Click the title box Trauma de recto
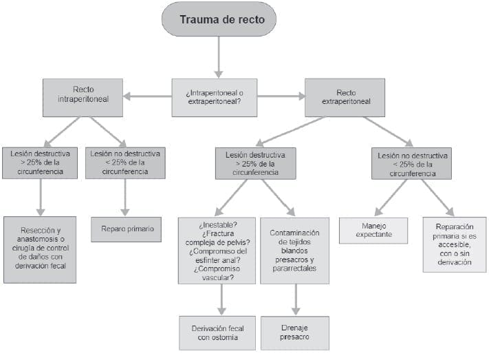pos(218,19)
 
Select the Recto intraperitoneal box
pos(83,97)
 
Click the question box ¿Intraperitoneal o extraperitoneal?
pos(214,97)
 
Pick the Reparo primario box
pos(126,229)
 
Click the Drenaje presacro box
pos(294,332)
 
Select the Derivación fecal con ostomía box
pos(218,332)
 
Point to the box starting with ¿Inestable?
pos(218,251)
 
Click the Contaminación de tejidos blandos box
pos(294,251)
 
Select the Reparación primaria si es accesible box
pos(454,244)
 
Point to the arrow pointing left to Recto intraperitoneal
pos(147,96)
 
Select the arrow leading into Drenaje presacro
pos(296,299)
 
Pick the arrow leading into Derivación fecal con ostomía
pos(221,299)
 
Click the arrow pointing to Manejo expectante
pos(391,198)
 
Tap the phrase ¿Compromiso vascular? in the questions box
pos(218,273)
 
